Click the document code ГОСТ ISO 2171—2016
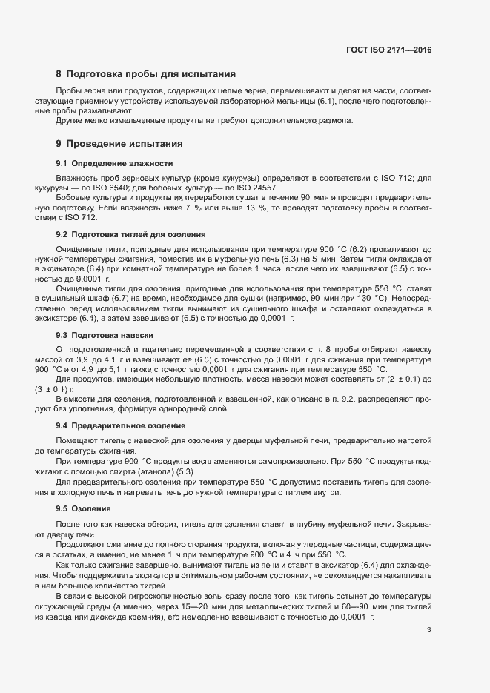click(x=388, y=50)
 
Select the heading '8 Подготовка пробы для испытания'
click(x=146, y=74)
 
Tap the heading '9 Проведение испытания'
click(x=119, y=144)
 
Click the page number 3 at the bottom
click(x=428, y=631)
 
